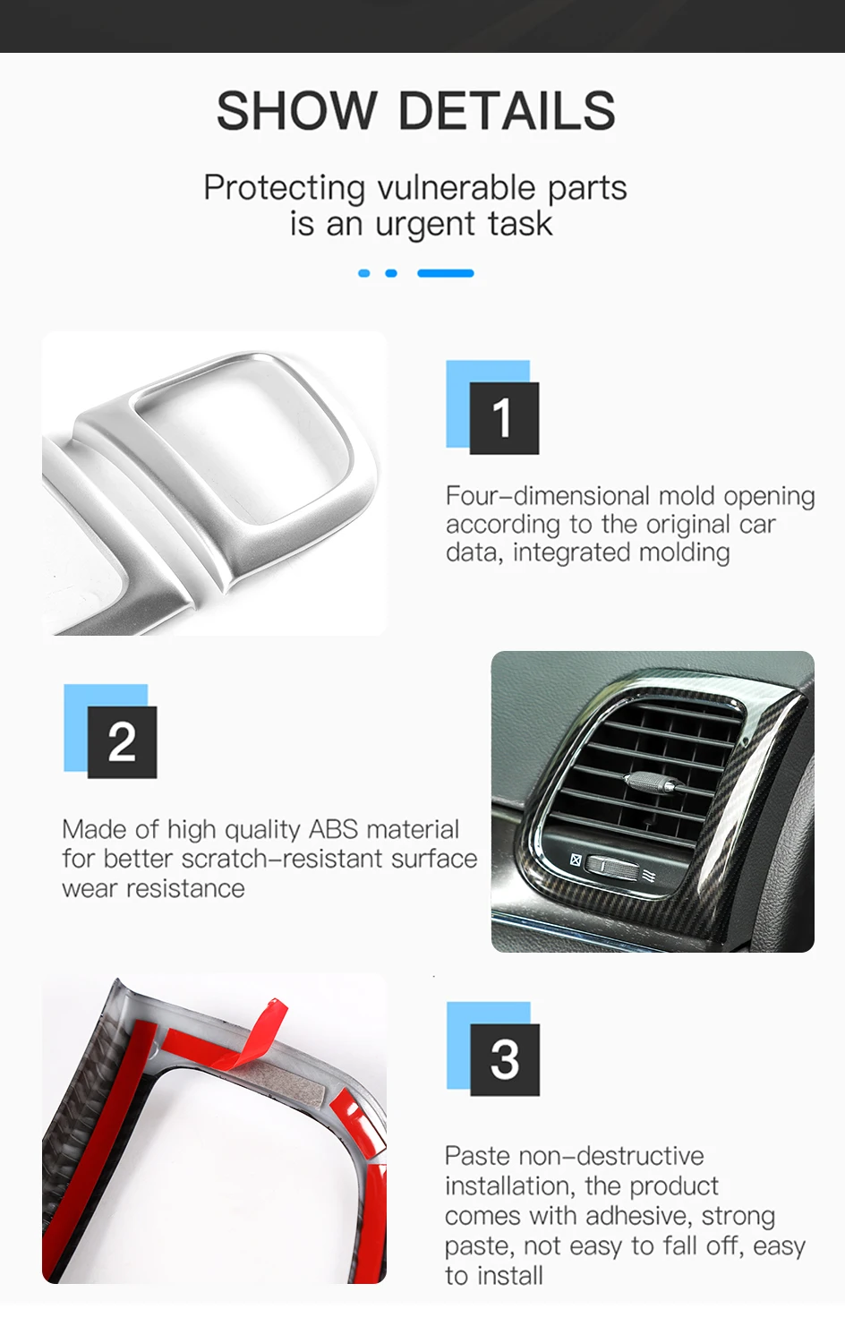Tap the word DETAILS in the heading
coord(508,110)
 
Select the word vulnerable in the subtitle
coord(457,188)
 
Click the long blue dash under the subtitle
coord(446,273)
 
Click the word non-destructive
coord(611,1156)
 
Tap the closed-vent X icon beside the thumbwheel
coord(576,860)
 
